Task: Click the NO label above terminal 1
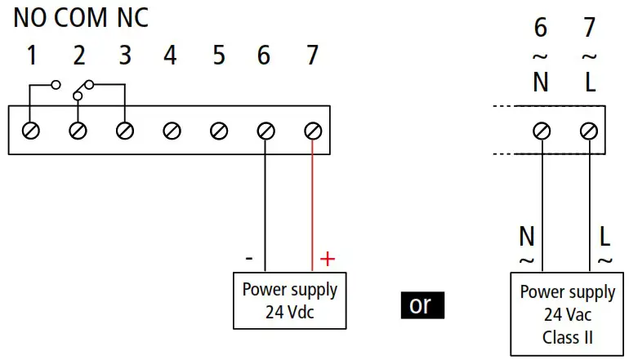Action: pyautogui.click(x=29, y=19)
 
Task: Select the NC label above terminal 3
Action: pyautogui.click(x=133, y=19)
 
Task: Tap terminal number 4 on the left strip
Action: pyautogui.click(x=170, y=56)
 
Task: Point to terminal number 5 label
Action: pyautogui.click(x=218, y=56)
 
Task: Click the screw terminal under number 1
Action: pyautogui.click(x=31, y=130)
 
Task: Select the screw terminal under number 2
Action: pyautogui.click(x=78, y=130)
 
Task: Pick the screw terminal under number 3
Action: pyautogui.click(x=125, y=130)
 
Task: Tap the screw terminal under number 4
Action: pyautogui.click(x=172, y=130)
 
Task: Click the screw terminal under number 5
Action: pyautogui.click(x=219, y=130)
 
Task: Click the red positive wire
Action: pyautogui.click(x=312, y=204)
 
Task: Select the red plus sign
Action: pyautogui.click(x=327, y=260)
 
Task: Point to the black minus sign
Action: pyautogui.click(x=249, y=259)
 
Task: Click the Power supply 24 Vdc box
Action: pyautogui.click(x=290, y=300)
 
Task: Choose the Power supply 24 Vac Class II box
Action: pyautogui.click(x=568, y=314)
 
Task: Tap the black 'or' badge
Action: pyautogui.click(x=421, y=304)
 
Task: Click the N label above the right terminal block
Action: pyautogui.click(x=541, y=82)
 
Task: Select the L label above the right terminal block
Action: pyautogui.click(x=590, y=82)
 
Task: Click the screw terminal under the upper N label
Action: pyautogui.click(x=542, y=130)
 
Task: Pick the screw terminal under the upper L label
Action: pyautogui.click(x=589, y=130)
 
